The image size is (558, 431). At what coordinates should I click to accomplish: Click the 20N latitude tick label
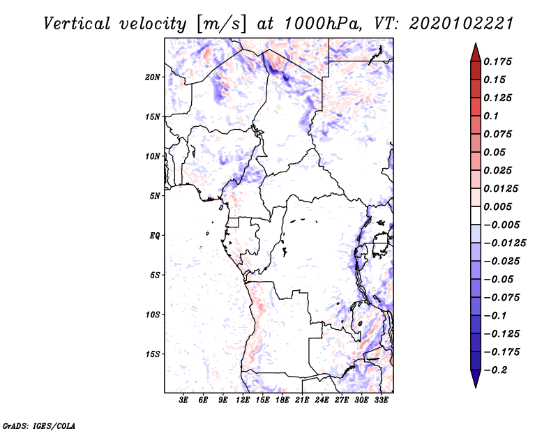pyautogui.click(x=153, y=77)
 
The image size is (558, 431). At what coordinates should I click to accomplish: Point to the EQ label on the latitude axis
pyautogui.click(x=154, y=236)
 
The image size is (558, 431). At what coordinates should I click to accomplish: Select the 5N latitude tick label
pyautogui.click(x=155, y=196)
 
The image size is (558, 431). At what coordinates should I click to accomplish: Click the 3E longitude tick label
pyautogui.click(x=183, y=400)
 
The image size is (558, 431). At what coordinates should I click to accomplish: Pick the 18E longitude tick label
pyautogui.click(x=282, y=400)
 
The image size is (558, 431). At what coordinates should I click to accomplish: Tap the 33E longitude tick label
pyautogui.click(x=381, y=400)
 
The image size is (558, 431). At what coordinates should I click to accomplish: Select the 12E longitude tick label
pyautogui.click(x=243, y=400)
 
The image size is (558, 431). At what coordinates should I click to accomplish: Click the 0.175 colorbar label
pyautogui.click(x=497, y=61)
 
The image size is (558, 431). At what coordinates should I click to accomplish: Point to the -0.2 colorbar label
pyautogui.click(x=495, y=370)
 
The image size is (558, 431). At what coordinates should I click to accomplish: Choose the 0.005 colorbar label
pyautogui.click(x=497, y=206)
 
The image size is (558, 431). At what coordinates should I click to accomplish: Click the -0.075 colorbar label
pyautogui.click(x=502, y=298)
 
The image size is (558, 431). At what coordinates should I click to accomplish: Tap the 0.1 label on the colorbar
pyautogui.click(x=491, y=116)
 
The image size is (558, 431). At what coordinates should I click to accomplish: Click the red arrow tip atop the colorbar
pyautogui.click(x=476, y=43)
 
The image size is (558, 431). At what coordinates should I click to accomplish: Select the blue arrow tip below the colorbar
pyautogui.click(x=476, y=387)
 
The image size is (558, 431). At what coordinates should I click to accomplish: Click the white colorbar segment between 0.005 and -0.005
pyautogui.click(x=476, y=215)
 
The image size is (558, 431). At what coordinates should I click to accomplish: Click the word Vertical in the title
pyautogui.click(x=77, y=24)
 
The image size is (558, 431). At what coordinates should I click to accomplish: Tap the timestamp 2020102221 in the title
pyautogui.click(x=461, y=24)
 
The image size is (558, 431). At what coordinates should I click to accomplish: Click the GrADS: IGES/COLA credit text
pyautogui.click(x=39, y=426)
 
